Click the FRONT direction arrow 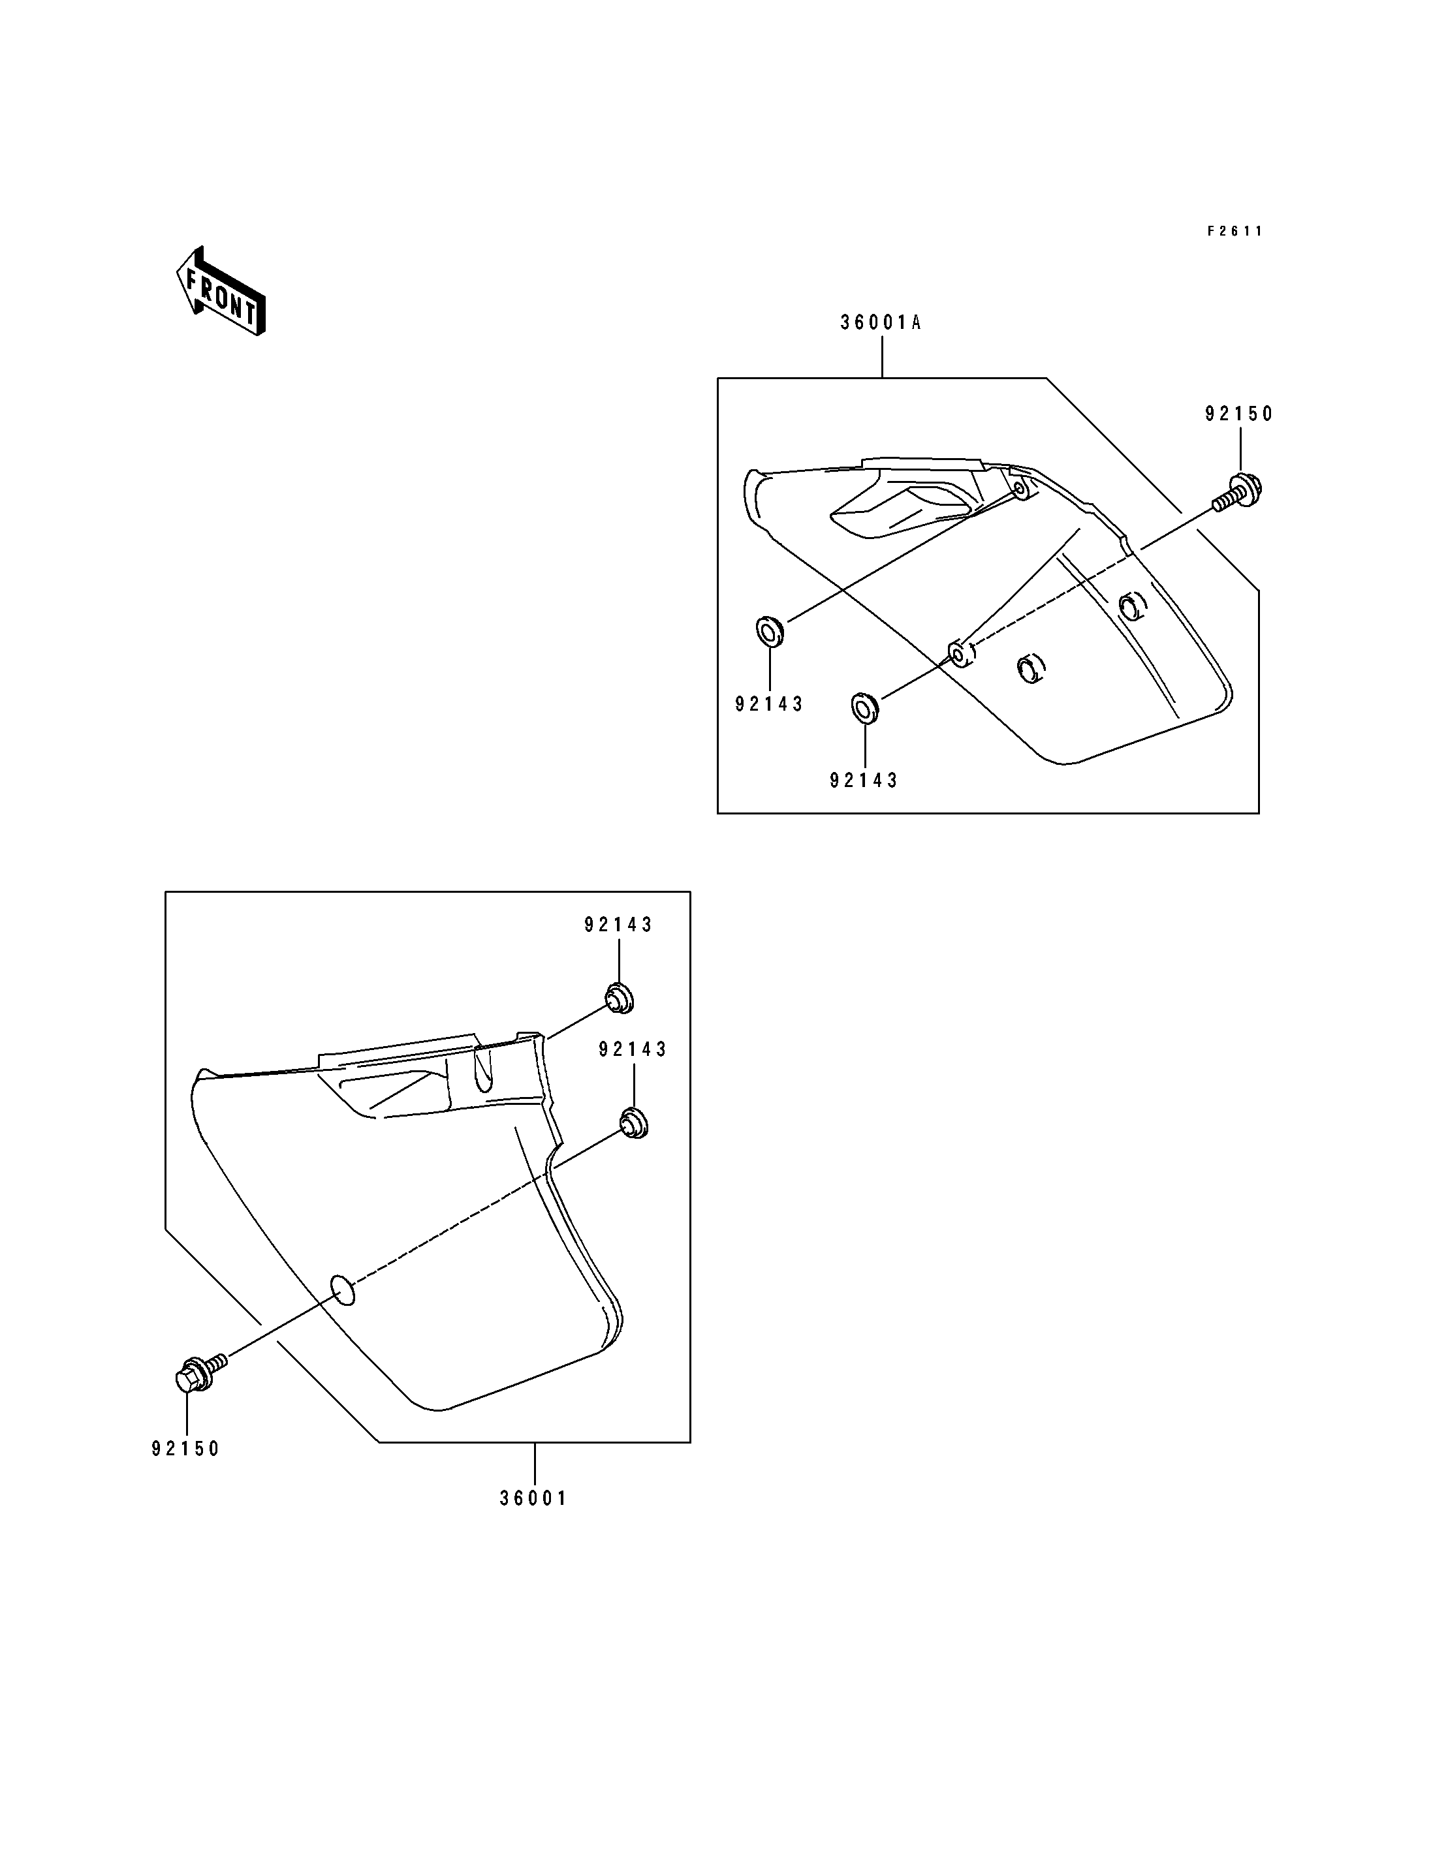pyautogui.click(x=221, y=291)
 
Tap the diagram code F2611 pyautogui.click(x=1235, y=231)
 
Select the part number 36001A pyautogui.click(x=881, y=323)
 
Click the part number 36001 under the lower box pyautogui.click(x=533, y=1522)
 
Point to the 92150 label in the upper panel pyautogui.click(x=1238, y=414)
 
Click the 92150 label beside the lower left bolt pyautogui.click(x=185, y=1449)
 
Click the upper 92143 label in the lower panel pyautogui.click(x=618, y=925)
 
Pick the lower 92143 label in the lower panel pyautogui.click(x=633, y=1050)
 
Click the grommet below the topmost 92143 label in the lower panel pyautogui.click(x=620, y=998)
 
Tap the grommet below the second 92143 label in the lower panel pyautogui.click(x=633, y=1122)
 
